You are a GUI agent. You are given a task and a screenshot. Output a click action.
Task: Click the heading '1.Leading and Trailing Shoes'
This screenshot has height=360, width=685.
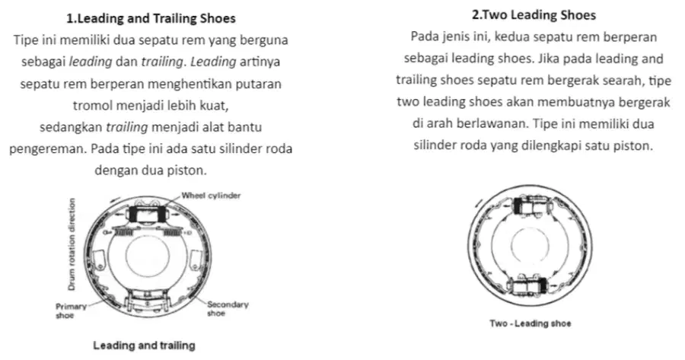pyautogui.click(x=151, y=18)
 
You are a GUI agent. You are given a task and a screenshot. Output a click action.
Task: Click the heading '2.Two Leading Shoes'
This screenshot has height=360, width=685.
pyautogui.click(x=534, y=15)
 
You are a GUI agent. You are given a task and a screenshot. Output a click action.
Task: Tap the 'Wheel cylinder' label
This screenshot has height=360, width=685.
pyautogui.click(x=211, y=196)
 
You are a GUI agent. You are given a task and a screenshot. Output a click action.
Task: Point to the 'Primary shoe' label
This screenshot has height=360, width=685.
pyautogui.click(x=71, y=311)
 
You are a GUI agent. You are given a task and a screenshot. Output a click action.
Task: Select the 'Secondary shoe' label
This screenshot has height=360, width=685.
pyautogui.click(x=228, y=308)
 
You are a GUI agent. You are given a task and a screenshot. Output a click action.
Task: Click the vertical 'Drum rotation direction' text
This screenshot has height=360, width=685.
pyautogui.click(x=72, y=244)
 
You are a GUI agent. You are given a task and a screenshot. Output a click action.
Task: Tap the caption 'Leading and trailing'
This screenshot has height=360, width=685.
pyautogui.click(x=144, y=345)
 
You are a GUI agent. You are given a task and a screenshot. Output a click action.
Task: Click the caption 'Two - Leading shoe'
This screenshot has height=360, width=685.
pyautogui.click(x=530, y=323)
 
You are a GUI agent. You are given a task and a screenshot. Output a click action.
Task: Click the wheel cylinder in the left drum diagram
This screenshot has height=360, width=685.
pyautogui.click(x=147, y=214)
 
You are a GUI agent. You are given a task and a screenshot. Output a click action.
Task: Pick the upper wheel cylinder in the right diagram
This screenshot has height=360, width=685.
pyautogui.click(x=530, y=205)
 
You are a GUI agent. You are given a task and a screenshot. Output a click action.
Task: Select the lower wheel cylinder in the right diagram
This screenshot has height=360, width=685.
pyautogui.click(x=530, y=285)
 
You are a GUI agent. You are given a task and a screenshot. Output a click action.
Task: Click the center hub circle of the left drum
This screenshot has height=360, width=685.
pyautogui.click(x=147, y=256)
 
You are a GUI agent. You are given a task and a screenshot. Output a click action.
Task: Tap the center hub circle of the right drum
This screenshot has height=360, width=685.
pyautogui.click(x=530, y=245)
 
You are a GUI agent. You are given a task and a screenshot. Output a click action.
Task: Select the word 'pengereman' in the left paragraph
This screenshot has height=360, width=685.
pyautogui.click(x=48, y=149)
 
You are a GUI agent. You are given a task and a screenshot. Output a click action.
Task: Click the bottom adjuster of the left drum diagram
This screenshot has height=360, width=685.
pyautogui.click(x=147, y=302)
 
